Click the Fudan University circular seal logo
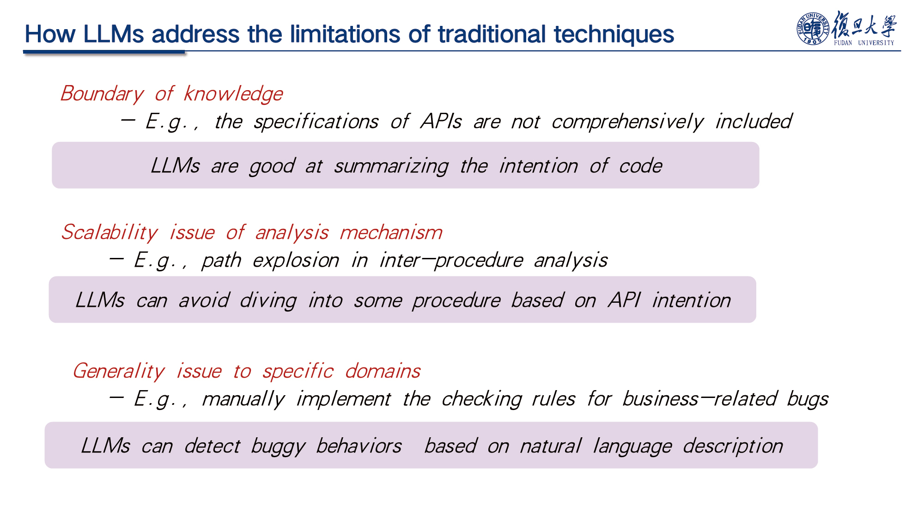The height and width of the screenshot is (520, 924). pyautogui.click(x=813, y=29)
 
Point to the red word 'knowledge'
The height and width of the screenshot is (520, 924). pyautogui.click(x=233, y=94)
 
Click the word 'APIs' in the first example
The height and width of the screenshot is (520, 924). pyautogui.click(x=441, y=122)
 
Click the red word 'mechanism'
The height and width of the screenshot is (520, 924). pyautogui.click(x=391, y=232)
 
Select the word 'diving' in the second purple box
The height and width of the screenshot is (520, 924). pyautogui.click(x=268, y=301)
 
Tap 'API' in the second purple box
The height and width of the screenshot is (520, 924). pyautogui.click(x=624, y=300)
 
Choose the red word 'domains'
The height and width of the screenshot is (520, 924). pyautogui.click(x=383, y=371)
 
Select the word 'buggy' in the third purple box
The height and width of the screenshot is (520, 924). pyautogui.click(x=278, y=447)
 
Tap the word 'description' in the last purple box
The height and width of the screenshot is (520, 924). pyautogui.click(x=733, y=447)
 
